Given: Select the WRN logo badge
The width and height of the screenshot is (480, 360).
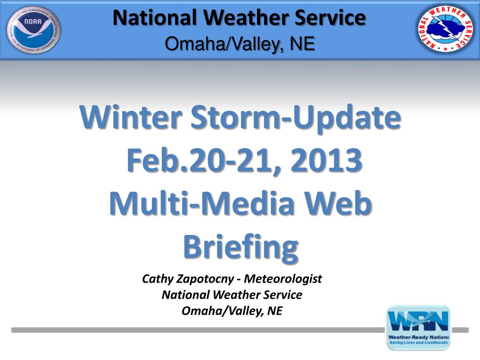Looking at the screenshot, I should [x=419, y=328].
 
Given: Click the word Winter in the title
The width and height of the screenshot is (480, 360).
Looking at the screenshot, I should [x=131, y=118].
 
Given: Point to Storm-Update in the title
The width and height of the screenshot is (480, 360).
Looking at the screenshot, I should [x=296, y=119].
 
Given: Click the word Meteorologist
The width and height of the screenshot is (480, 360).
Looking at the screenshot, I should [x=283, y=279].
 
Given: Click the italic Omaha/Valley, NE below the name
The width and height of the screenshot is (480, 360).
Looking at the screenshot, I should [x=232, y=311].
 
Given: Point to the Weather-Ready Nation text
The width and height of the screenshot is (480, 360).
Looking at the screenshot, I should [x=418, y=337].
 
